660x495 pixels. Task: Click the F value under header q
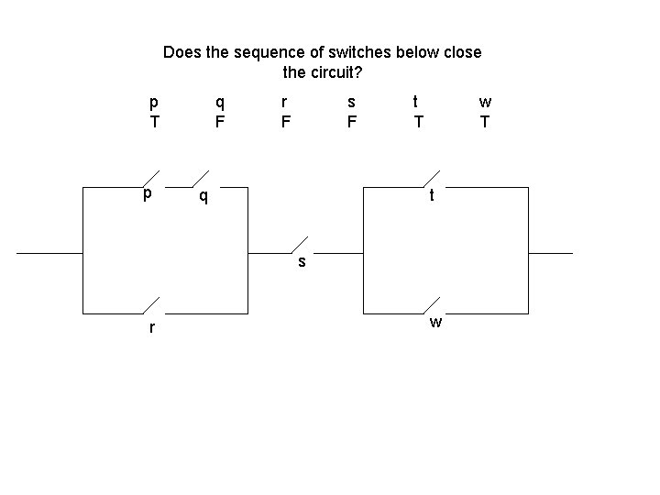[x=220, y=121]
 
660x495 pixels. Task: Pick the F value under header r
[x=286, y=121]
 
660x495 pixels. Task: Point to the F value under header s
[x=352, y=121]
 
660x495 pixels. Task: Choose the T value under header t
[x=418, y=121]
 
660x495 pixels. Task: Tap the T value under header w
[x=485, y=121]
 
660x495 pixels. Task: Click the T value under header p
[x=154, y=121]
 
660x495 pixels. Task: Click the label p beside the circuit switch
[x=147, y=195]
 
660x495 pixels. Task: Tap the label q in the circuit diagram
[x=203, y=196]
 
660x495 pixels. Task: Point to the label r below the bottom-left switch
[x=152, y=327]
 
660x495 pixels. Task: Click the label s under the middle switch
[x=302, y=263]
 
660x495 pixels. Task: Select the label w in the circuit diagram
[x=436, y=322]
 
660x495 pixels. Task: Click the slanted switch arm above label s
[x=300, y=244]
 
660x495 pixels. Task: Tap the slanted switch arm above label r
[x=151, y=305]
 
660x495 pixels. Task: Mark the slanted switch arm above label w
[x=431, y=305]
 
